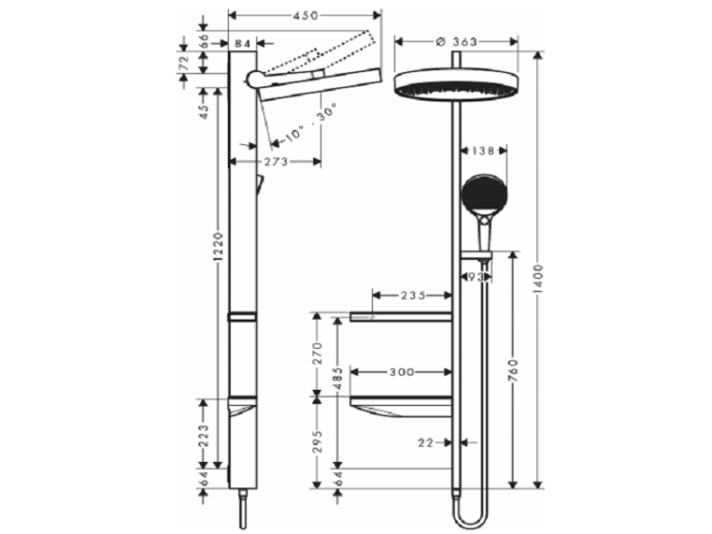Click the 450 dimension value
tap(306, 15)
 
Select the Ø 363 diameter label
tap(456, 42)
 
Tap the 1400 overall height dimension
tap(538, 278)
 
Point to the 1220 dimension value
tap(218, 247)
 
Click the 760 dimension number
tap(513, 369)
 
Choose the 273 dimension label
tap(275, 161)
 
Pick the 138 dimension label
tap(482, 151)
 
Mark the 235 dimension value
tap(413, 296)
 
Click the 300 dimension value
tap(402, 373)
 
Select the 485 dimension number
tap(337, 378)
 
